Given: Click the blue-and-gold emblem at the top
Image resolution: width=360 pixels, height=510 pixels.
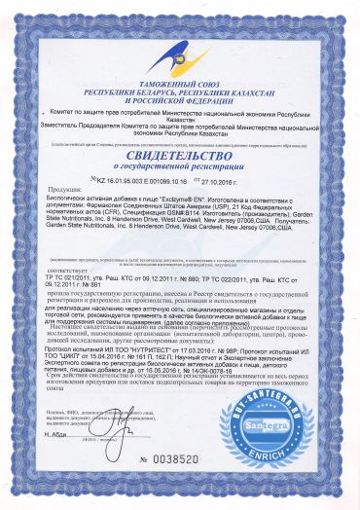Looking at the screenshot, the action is click(181, 38).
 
